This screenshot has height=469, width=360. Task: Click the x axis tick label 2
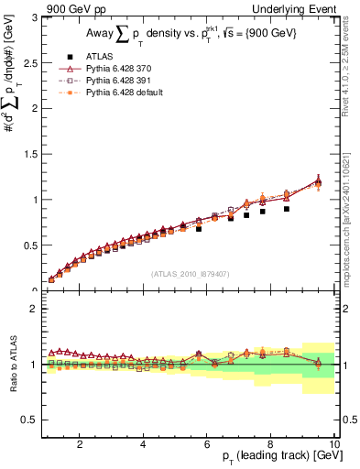click(x=81, y=444)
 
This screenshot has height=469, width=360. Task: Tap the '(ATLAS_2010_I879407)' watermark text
click(x=190, y=272)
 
